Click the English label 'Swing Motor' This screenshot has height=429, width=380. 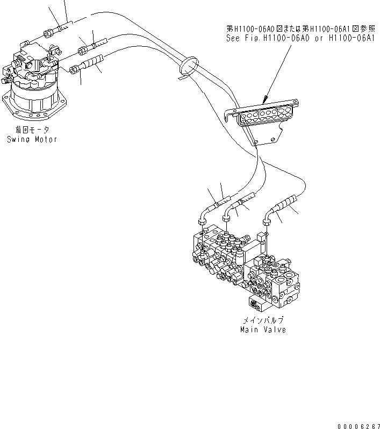[32, 139]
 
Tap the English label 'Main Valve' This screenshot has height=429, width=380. [263, 329]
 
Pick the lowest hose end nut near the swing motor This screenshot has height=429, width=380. [75, 69]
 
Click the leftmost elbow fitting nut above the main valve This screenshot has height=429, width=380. [202, 220]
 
